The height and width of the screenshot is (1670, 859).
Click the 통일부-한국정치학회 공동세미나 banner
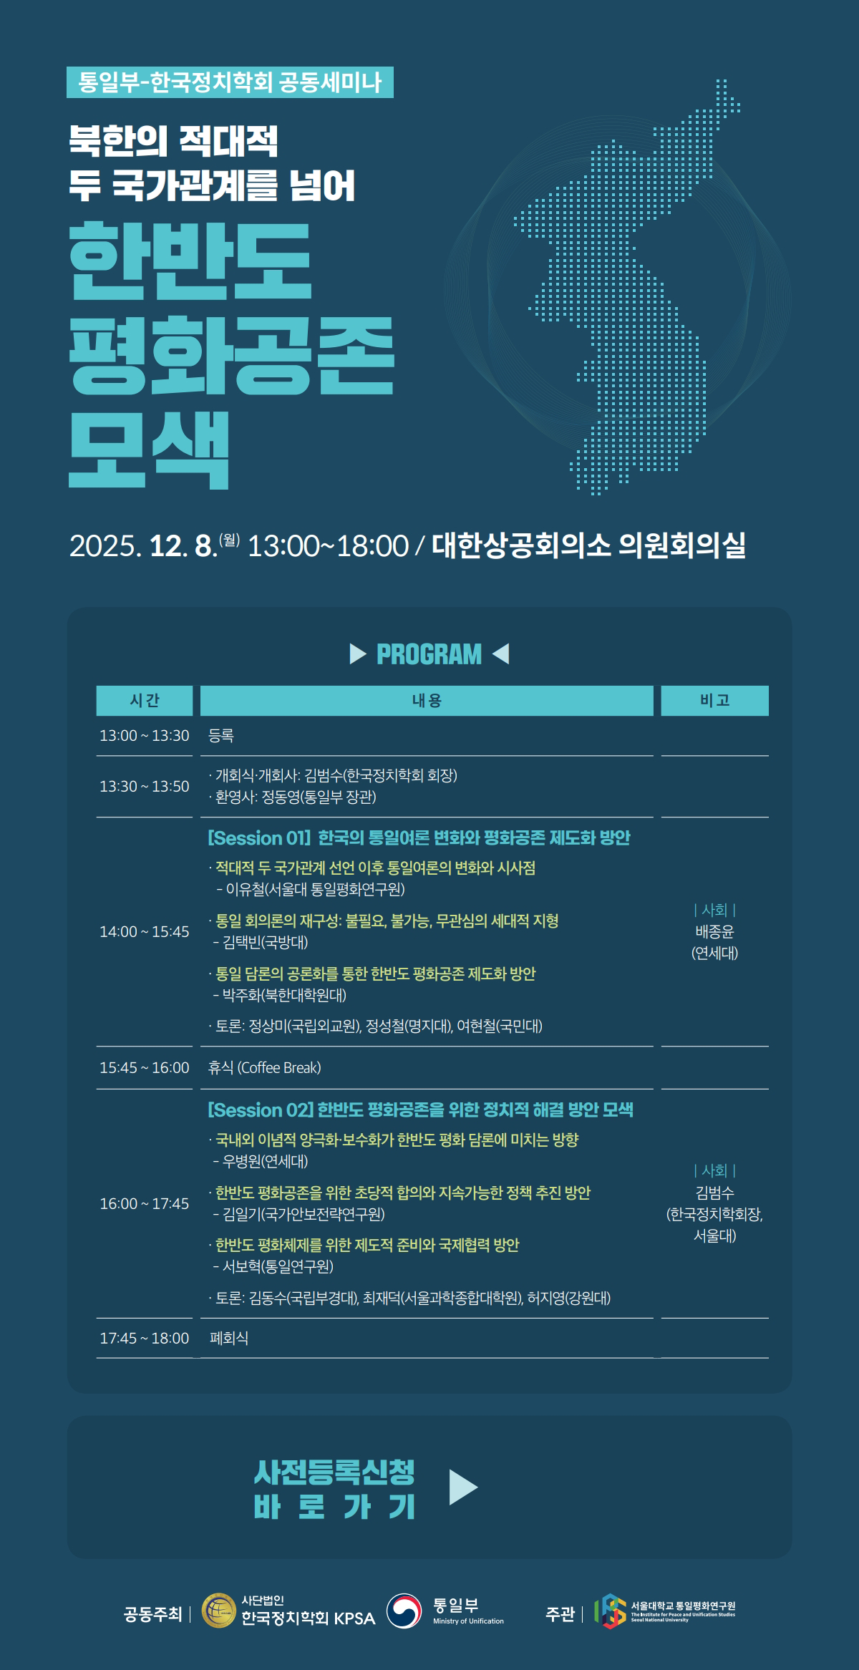tap(230, 82)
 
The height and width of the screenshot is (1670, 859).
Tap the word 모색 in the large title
tap(149, 450)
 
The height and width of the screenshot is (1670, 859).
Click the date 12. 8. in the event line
tap(183, 546)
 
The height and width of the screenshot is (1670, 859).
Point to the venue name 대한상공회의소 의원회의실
tap(588, 545)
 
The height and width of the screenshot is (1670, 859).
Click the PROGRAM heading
tap(429, 654)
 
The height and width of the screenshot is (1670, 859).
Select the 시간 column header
tap(145, 701)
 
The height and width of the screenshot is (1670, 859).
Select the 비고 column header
tap(714, 701)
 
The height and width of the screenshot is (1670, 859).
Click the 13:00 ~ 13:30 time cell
tap(145, 736)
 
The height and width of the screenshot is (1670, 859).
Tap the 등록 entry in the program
tap(221, 736)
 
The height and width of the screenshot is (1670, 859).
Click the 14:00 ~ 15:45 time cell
tap(145, 932)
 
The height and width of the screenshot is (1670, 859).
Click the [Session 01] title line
tap(419, 838)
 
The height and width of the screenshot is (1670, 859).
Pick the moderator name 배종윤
tap(714, 932)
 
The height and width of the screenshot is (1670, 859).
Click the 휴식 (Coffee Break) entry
tap(264, 1068)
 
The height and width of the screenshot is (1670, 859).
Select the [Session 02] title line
tap(420, 1110)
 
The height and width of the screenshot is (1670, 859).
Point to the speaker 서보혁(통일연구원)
tap(273, 1266)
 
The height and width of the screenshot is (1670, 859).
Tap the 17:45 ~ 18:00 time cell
tap(145, 1339)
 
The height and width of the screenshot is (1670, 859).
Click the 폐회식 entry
tap(229, 1339)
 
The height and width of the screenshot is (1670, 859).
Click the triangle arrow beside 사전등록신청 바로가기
tap(462, 1487)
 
